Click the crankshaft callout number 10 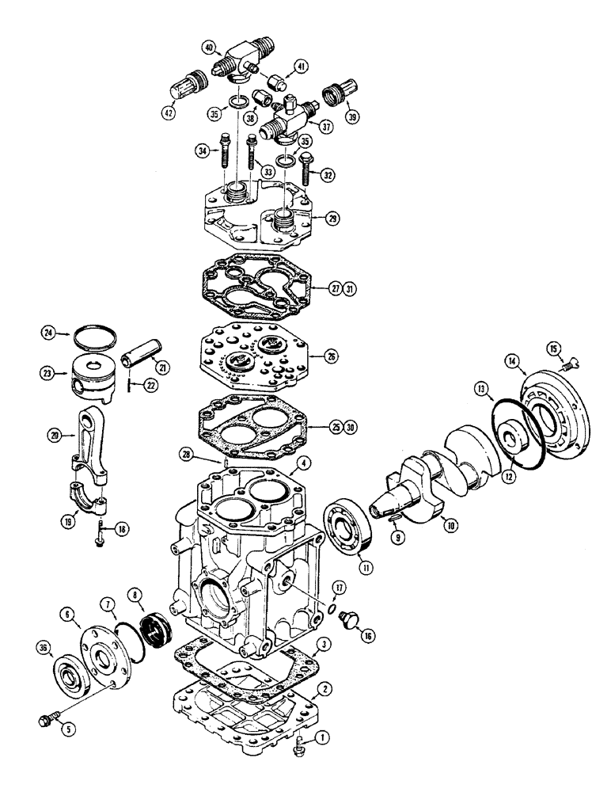click(450, 524)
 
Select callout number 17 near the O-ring click(339, 587)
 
